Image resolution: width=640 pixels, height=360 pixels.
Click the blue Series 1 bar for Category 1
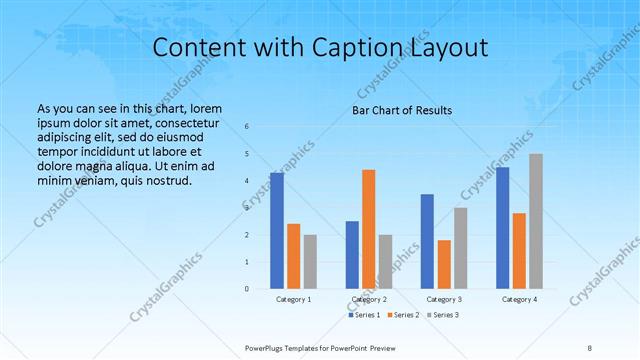tap(277, 230)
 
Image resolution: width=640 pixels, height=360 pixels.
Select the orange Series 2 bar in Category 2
tap(368, 229)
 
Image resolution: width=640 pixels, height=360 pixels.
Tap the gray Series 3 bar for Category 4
tap(536, 221)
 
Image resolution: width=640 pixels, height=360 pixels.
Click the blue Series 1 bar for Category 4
tap(503, 228)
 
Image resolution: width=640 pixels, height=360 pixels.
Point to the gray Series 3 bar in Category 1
tap(310, 262)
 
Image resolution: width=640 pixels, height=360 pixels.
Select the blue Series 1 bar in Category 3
tap(427, 241)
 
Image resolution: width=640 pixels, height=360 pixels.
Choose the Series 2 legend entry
tap(404, 316)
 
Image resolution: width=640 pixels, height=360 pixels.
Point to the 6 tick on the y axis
tap(247, 126)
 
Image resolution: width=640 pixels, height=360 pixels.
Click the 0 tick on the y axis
tap(247, 289)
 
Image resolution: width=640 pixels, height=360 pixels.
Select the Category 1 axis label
tap(293, 299)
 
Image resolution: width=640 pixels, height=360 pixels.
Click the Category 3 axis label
tap(443, 299)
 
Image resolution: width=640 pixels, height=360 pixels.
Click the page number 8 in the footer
tap(590, 348)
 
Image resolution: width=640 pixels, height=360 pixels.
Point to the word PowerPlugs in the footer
tap(267, 348)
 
